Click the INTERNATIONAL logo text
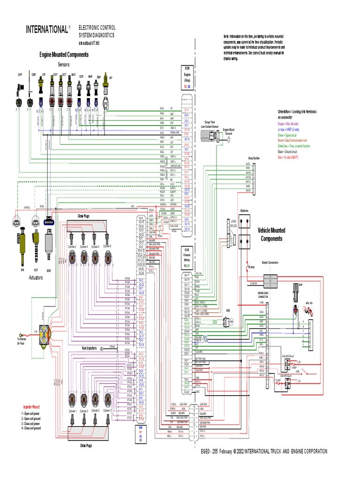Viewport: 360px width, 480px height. click(46, 30)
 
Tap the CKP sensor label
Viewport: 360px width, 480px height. click(20, 75)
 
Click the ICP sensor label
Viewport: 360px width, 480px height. click(44, 75)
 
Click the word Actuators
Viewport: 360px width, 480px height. click(36, 277)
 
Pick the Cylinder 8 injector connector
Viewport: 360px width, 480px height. click(108, 257)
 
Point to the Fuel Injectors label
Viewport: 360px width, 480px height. click(89, 348)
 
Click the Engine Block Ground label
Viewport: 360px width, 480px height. click(228, 131)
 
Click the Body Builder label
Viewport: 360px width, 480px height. click(254, 158)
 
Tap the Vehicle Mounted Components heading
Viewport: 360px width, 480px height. click(271, 234)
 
